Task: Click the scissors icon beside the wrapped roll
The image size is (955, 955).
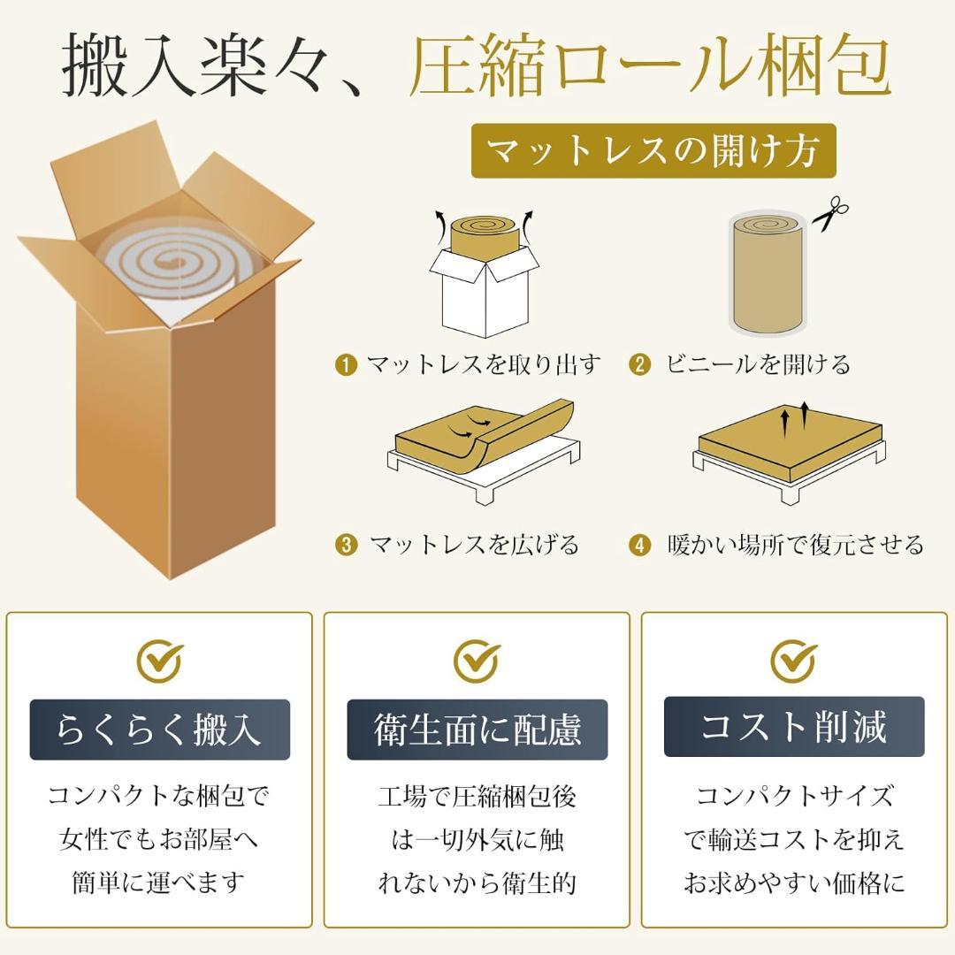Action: tap(829, 215)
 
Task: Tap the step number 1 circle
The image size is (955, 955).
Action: tap(346, 364)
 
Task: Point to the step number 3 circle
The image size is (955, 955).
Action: tap(346, 545)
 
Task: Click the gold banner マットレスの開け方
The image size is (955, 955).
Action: tap(653, 150)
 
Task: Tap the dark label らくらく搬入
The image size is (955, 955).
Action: tap(159, 730)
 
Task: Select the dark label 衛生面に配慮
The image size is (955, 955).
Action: tap(477, 730)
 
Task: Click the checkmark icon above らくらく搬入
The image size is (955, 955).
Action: tap(160, 660)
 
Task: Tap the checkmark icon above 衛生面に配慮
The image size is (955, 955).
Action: tap(477, 660)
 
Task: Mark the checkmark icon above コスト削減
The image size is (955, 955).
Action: tap(793, 660)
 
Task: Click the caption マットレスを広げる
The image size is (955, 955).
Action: tap(474, 545)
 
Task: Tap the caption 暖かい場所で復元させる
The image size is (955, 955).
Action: tap(795, 545)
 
